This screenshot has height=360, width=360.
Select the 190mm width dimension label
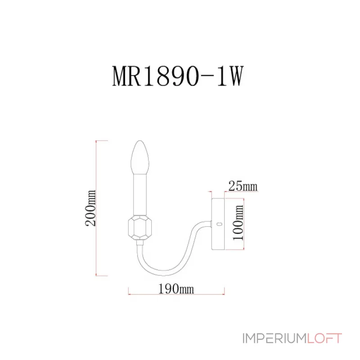[x=176, y=289]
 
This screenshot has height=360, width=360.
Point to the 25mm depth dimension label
[x=243, y=185]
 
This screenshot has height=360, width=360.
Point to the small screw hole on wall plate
[x=219, y=223]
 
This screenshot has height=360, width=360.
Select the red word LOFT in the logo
[x=324, y=338]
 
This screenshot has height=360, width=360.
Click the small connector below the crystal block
[x=141, y=242]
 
